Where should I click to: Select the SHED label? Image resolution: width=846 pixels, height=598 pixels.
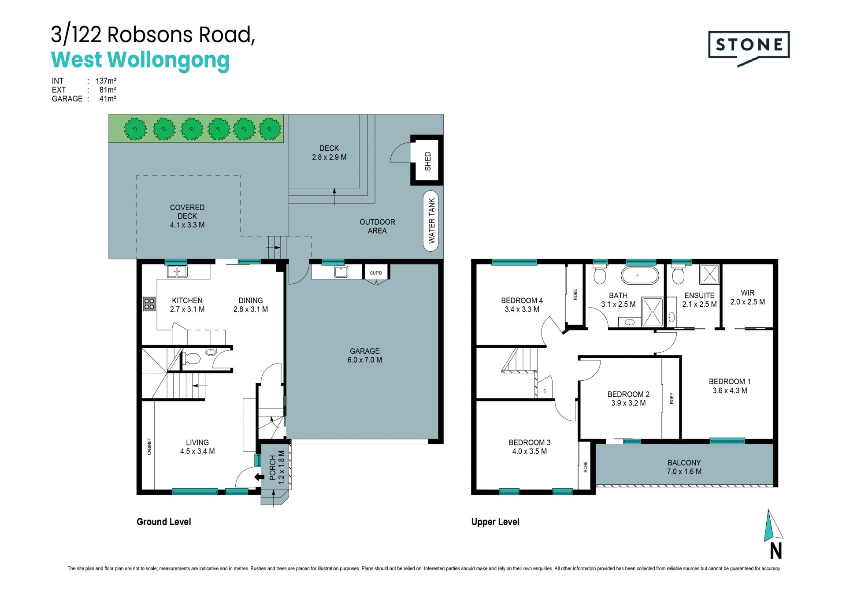click(x=427, y=161)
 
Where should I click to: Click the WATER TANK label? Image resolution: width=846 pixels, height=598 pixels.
click(x=431, y=221)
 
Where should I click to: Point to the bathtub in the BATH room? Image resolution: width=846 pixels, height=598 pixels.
click(x=639, y=275)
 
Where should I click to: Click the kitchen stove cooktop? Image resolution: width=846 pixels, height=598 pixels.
click(x=149, y=304)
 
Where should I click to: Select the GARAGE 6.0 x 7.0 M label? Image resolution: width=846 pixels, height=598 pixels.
click(x=364, y=355)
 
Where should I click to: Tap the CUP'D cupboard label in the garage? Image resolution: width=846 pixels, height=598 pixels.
click(x=376, y=273)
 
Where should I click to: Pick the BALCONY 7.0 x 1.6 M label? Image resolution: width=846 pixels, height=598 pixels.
click(x=684, y=467)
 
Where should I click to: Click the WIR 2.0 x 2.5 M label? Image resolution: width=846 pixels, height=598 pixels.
click(x=747, y=297)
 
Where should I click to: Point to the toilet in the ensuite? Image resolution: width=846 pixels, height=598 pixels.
click(x=678, y=275)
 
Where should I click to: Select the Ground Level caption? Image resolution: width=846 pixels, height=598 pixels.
click(x=164, y=522)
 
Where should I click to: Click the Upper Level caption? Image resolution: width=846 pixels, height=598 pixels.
click(x=495, y=522)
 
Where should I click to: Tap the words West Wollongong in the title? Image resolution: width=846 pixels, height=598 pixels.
click(x=141, y=60)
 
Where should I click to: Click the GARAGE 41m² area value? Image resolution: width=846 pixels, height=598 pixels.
click(x=108, y=99)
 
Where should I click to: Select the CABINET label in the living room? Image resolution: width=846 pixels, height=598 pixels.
click(x=149, y=446)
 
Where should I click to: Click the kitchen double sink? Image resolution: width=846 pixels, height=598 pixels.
click(x=177, y=271)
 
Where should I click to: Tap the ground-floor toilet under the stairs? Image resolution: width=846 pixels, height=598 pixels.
click(x=192, y=358)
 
